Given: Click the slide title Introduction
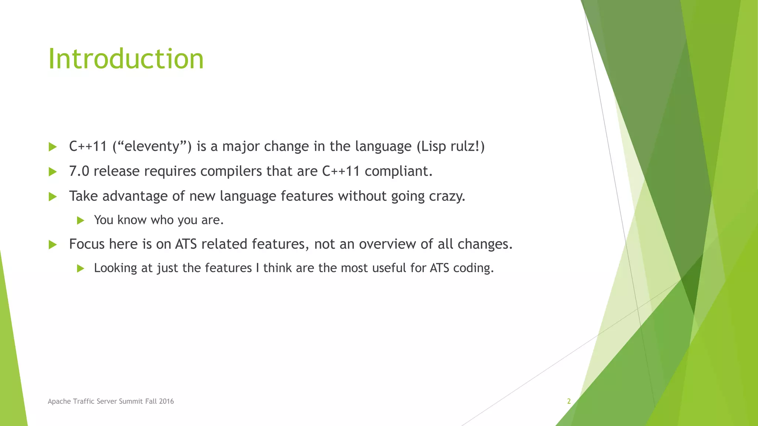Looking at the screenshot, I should [x=126, y=59].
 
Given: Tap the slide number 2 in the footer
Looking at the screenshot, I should [x=569, y=401].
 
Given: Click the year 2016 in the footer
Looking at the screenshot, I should [x=166, y=401].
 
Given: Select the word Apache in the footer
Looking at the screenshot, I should [x=59, y=401].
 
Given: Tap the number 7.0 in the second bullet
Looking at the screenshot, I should [x=79, y=171].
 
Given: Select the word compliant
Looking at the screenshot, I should [x=398, y=171].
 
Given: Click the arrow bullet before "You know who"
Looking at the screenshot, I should [x=81, y=221].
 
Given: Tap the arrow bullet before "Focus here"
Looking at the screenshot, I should [x=53, y=244].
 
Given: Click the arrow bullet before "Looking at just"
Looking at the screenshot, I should [x=81, y=268].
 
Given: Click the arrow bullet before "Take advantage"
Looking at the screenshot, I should [x=53, y=196].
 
